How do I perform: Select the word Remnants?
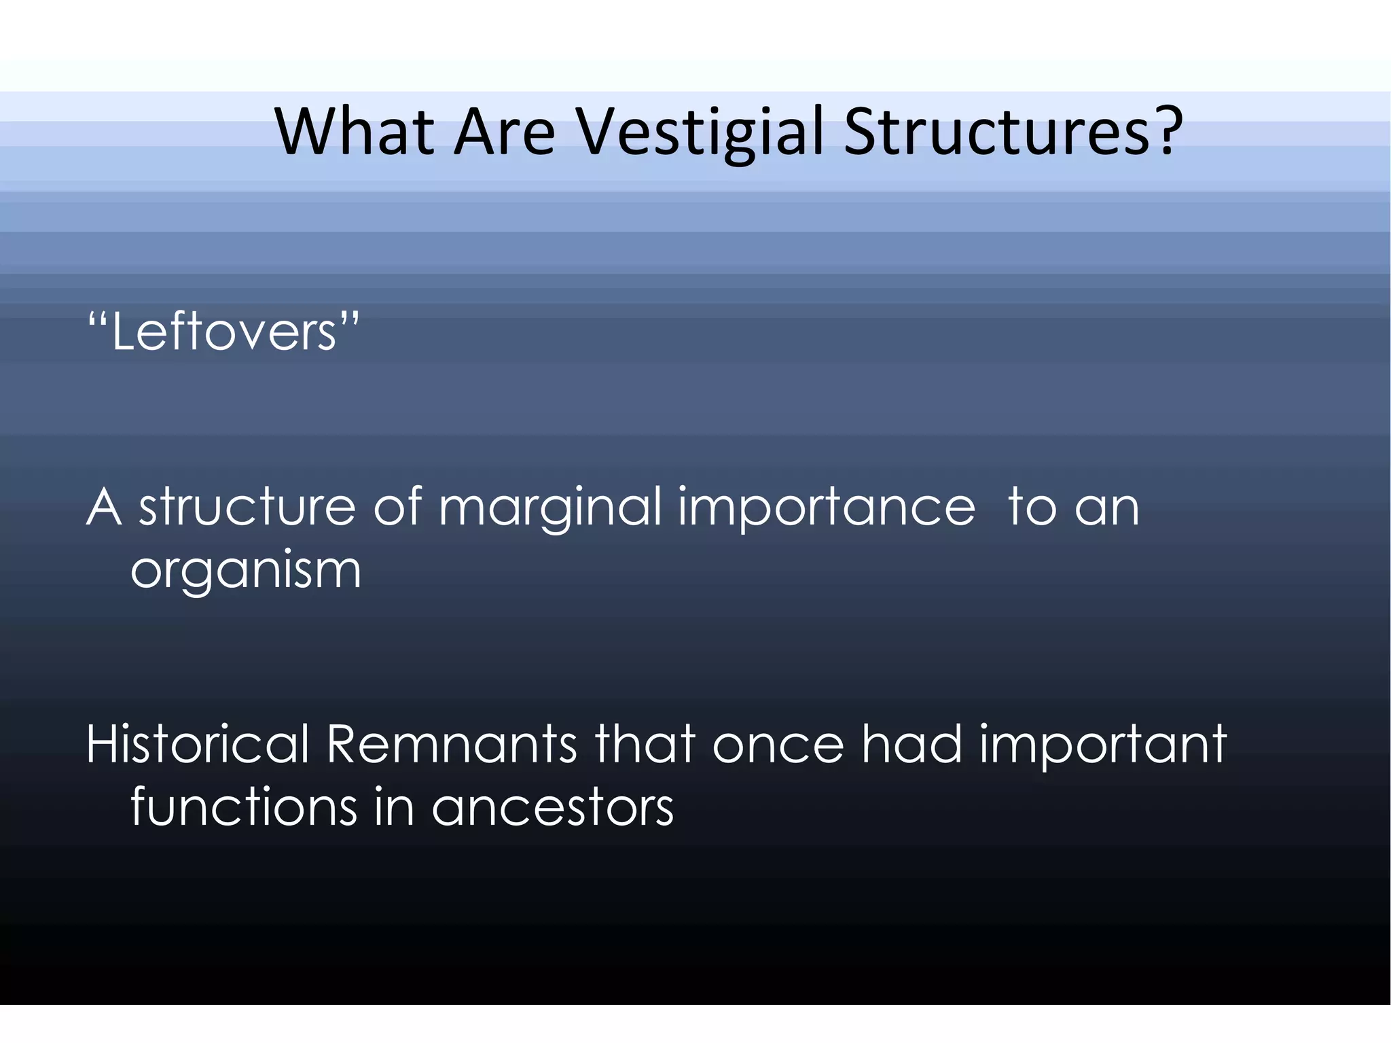click(452, 744)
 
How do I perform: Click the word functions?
click(244, 807)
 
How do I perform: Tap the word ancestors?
click(552, 808)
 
